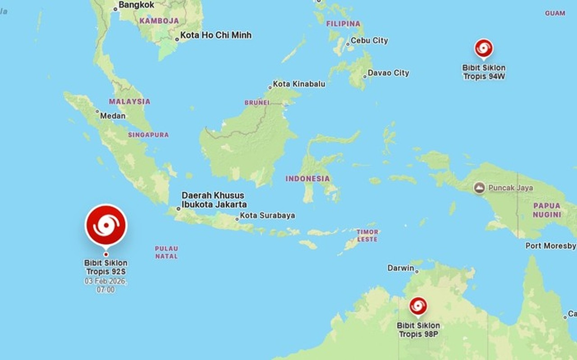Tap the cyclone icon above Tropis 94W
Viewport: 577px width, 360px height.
[x=483, y=48]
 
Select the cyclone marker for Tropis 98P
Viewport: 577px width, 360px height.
[x=418, y=306]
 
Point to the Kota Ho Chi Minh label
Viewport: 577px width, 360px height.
[x=215, y=35]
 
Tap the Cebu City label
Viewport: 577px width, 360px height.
[x=369, y=41]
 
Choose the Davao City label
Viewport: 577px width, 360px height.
[x=388, y=73]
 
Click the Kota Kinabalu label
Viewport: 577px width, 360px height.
[x=299, y=84]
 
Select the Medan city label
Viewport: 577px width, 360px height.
[x=113, y=116]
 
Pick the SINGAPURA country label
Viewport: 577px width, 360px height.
[x=148, y=135]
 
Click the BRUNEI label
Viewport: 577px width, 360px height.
[x=256, y=103]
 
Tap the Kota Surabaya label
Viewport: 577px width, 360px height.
[x=267, y=216]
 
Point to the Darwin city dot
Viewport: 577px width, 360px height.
[x=417, y=272]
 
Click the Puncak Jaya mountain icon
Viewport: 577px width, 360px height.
[x=480, y=188]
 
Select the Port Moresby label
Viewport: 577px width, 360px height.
[x=550, y=246]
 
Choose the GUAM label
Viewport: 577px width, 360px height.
[x=555, y=13]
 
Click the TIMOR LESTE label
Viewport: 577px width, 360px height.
[x=367, y=235]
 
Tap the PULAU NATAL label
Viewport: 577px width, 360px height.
[x=166, y=252]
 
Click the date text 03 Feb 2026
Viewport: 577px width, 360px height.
[x=105, y=281]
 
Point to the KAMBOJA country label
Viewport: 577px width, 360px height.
[x=159, y=21]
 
